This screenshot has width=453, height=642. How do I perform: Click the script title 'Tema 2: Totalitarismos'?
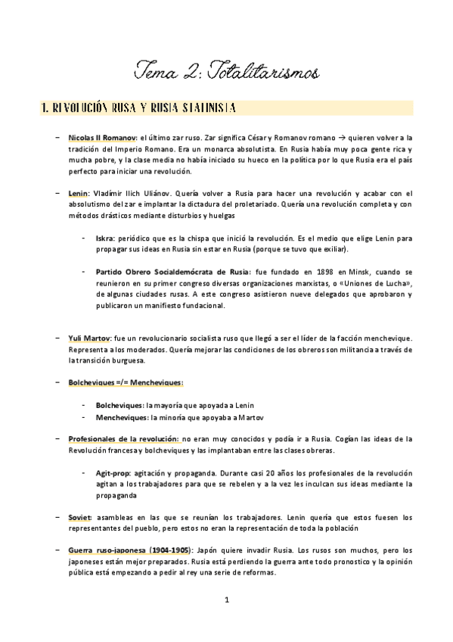click(x=227, y=72)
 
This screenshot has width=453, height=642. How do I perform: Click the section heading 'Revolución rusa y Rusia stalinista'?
click(x=138, y=108)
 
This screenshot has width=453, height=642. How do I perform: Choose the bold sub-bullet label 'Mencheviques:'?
click(x=123, y=417)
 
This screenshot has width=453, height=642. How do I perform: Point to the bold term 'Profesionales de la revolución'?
click(x=122, y=439)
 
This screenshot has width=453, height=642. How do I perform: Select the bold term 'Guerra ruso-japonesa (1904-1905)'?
click(x=130, y=550)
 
